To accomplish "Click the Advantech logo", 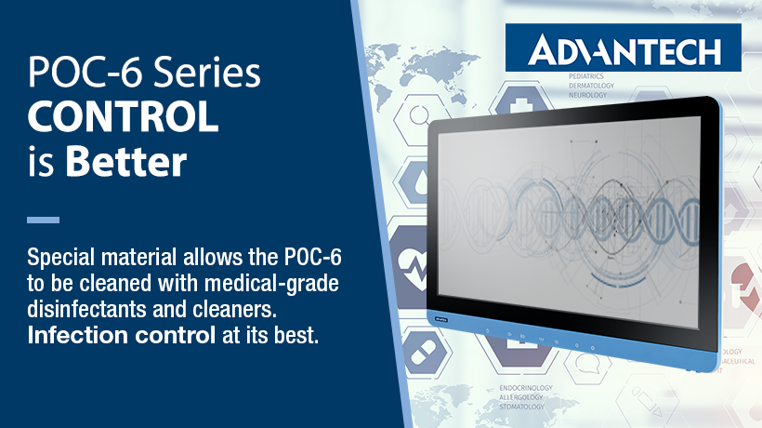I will point(624,47).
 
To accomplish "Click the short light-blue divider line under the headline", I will point(43,221).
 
